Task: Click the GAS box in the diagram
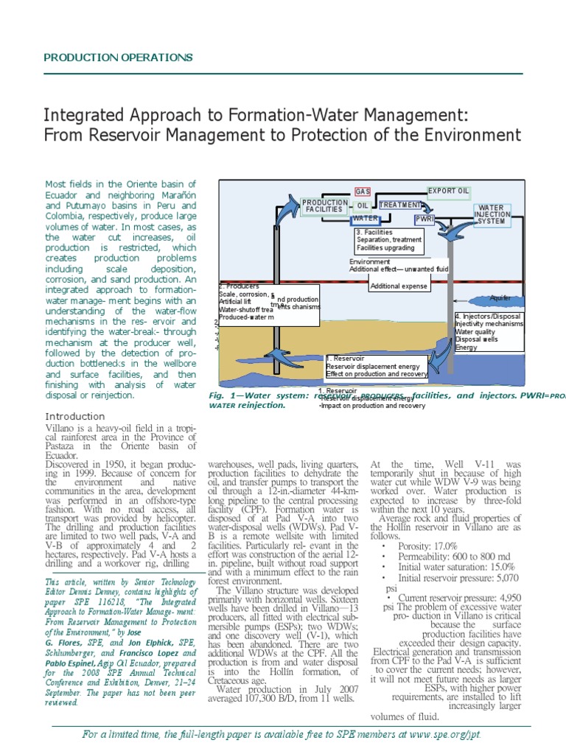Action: click(363, 191)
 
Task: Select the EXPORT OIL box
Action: click(448, 191)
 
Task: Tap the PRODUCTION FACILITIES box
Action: click(324, 205)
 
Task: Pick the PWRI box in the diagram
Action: click(424, 219)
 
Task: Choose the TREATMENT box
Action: click(399, 205)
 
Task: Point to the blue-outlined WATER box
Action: click(366, 219)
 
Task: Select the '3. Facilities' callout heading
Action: click(377, 232)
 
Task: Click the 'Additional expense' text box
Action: click(399, 286)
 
